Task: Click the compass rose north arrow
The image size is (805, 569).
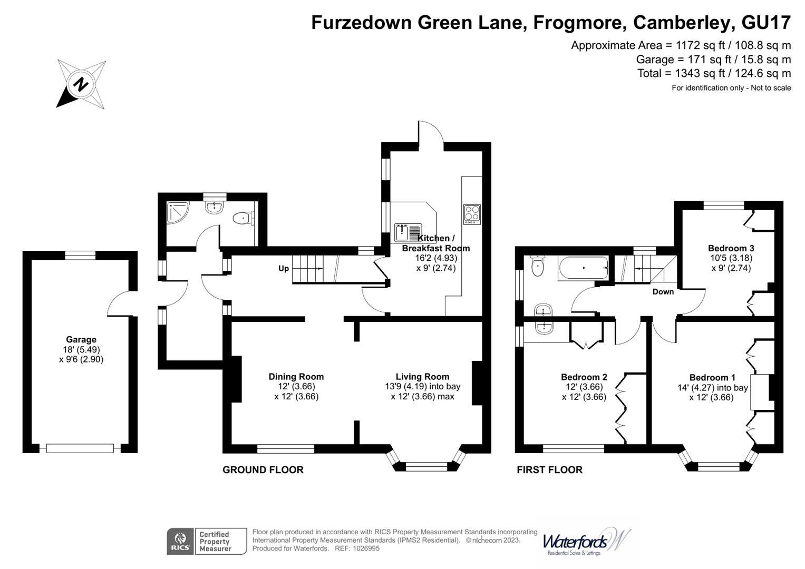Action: [81, 84]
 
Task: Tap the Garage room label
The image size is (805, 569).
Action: [81, 340]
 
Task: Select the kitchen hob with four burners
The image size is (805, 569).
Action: [471, 214]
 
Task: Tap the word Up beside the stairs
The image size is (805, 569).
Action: [284, 269]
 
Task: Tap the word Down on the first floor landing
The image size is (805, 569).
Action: [663, 291]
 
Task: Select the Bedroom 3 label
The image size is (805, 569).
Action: [731, 248]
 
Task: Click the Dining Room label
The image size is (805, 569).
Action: [296, 377]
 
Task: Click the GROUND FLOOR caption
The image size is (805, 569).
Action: [263, 469]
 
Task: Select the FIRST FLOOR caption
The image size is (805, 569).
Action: [549, 469]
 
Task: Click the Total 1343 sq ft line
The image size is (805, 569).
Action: [714, 73]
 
